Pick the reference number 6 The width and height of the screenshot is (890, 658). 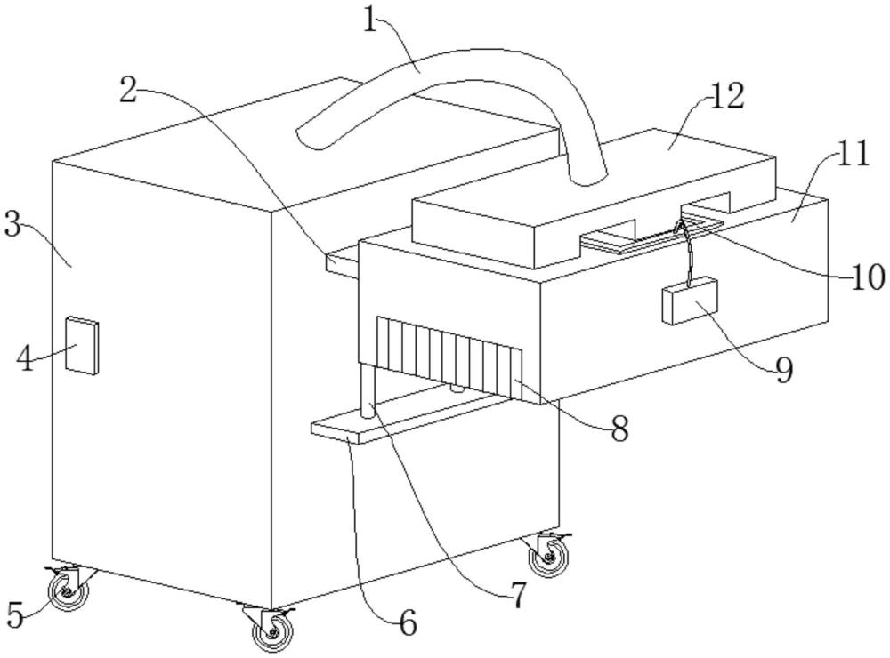(x=407, y=623)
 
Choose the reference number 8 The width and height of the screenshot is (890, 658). (x=619, y=429)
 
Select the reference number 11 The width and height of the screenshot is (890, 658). (x=853, y=156)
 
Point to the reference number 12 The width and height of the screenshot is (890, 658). (x=727, y=96)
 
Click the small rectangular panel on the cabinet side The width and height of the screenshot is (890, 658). (x=84, y=345)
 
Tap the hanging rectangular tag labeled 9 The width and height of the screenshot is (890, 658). (x=691, y=301)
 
